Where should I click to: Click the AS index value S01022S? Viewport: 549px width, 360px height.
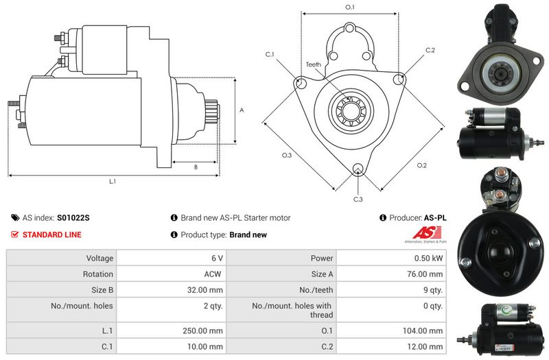point(73,217)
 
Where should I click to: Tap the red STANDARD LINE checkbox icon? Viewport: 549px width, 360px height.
point(14,235)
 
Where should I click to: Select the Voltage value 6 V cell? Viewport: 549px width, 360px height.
point(172,258)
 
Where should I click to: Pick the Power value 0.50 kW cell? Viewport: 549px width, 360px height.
point(391,258)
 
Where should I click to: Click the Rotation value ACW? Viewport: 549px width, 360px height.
point(213,274)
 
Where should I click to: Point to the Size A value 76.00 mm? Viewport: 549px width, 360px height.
point(425,274)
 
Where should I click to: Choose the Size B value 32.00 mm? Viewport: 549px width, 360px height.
point(205,289)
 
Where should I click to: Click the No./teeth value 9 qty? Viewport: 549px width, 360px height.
point(433,290)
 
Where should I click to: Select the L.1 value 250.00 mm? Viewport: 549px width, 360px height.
point(202,331)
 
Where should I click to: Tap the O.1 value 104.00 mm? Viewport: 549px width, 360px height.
point(423,331)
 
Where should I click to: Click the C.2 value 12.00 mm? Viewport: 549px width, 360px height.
point(425,346)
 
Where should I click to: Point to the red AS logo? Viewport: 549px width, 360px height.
point(425,232)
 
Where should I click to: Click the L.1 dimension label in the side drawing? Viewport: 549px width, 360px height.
point(113,181)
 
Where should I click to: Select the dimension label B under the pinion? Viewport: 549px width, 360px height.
point(196,167)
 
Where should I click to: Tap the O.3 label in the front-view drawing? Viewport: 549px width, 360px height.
point(287,155)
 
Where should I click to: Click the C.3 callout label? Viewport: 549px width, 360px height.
point(358,199)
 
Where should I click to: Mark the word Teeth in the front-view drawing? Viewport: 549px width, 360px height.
point(314,64)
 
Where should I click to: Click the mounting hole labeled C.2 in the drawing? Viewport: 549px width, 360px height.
point(399,80)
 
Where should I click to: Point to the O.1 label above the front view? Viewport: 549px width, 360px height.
point(350,7)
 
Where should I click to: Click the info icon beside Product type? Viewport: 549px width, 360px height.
point(174,235)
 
